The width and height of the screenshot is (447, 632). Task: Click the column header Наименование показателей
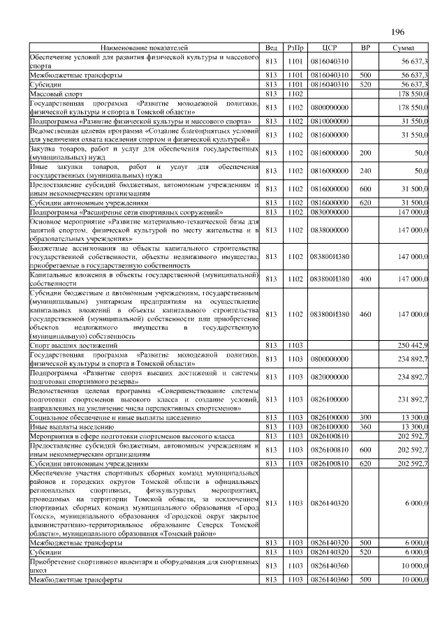tap(145, 47)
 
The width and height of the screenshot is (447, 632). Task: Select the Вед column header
tap(272, 47)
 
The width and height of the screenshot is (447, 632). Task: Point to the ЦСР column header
tap(330, 47)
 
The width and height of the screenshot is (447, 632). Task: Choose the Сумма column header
tap(403, 47)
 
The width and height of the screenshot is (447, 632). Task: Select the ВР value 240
tap(365, 170)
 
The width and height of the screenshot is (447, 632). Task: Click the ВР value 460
tap(365, 315)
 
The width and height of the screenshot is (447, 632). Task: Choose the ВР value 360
tap(365, 425)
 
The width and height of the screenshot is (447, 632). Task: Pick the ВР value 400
tap(365, 279)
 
